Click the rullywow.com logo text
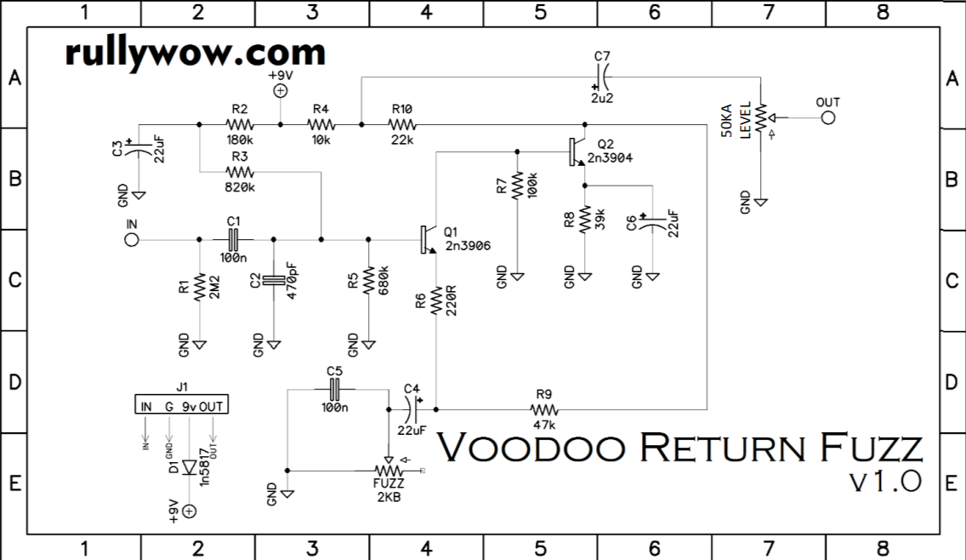(195, 54)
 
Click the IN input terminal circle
(132, 240)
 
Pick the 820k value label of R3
(240, 186)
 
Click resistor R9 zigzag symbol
(544, 409)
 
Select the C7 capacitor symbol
(602, 77)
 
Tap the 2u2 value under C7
(602, 98)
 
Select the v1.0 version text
(885, 482)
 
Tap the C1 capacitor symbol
(234, 240)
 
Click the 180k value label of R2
(240, 140)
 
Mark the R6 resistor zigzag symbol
(435, 300)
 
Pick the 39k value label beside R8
(600, 220)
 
